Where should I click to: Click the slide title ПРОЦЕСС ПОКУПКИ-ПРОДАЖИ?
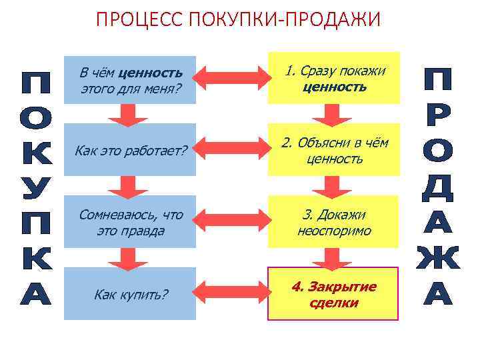click(239, 19)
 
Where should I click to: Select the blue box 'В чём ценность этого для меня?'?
click(130, 79)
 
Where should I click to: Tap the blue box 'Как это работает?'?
click(130, 151)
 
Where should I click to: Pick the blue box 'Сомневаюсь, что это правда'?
click(130, 223)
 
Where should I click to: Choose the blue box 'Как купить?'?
click(130, 294)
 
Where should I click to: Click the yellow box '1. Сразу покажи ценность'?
click(334, 78)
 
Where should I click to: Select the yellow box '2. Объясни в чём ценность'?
click(334, 151)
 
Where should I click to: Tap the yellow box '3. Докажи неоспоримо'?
click(334, 223)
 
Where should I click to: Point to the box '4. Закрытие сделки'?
click(334, 294)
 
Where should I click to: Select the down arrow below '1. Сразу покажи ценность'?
click(333, 115)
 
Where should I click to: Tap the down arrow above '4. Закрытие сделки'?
click(333, 257)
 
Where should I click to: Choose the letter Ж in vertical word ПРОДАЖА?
click(438, 259)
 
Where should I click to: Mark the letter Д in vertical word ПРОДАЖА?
click(438, 189)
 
